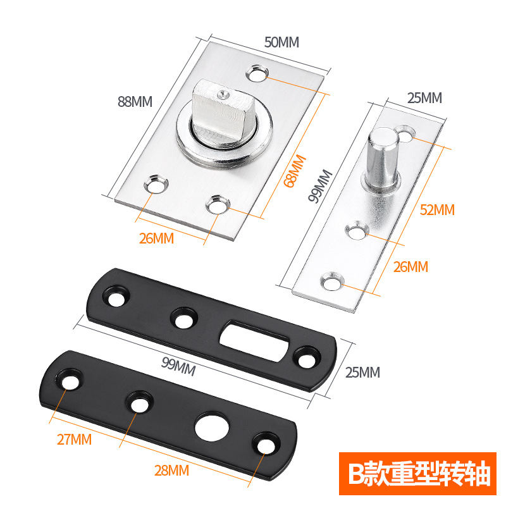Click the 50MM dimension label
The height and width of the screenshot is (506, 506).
coord(281,42)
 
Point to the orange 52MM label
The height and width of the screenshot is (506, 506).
coord(437,210)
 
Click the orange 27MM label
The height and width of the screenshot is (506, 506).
coord(74,439)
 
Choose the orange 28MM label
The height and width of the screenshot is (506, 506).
coord(172,470)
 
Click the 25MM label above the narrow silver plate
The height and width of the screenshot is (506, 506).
coord(424,98)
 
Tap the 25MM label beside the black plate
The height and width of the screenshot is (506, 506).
coord(362,372)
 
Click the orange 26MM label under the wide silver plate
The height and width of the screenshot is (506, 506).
coord(156,238)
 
